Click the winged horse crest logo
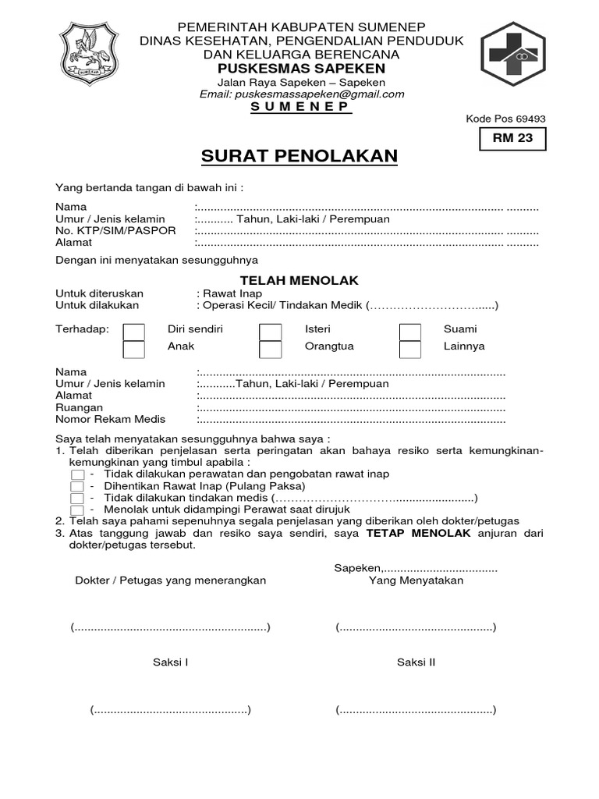click(x=90, y=55)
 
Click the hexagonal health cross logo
click(x=512, y=54)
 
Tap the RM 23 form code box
click(x=512, y=139)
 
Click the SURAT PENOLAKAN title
click(x=299, y=156)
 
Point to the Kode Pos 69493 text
click(x=505, y=119)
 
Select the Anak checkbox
click(x=134, y=348)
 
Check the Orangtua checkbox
click(x=271, y=348)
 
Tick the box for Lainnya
click(x=410, y=348)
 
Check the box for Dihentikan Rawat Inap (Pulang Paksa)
click(x=77, y=486)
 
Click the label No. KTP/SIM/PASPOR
click(x=115, y=231)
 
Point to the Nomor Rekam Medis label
click(x=110, y=420)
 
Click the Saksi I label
click(x=170, y=662)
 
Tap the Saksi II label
click(x=416, y=662)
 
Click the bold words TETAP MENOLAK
click(x=406, y=533)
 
